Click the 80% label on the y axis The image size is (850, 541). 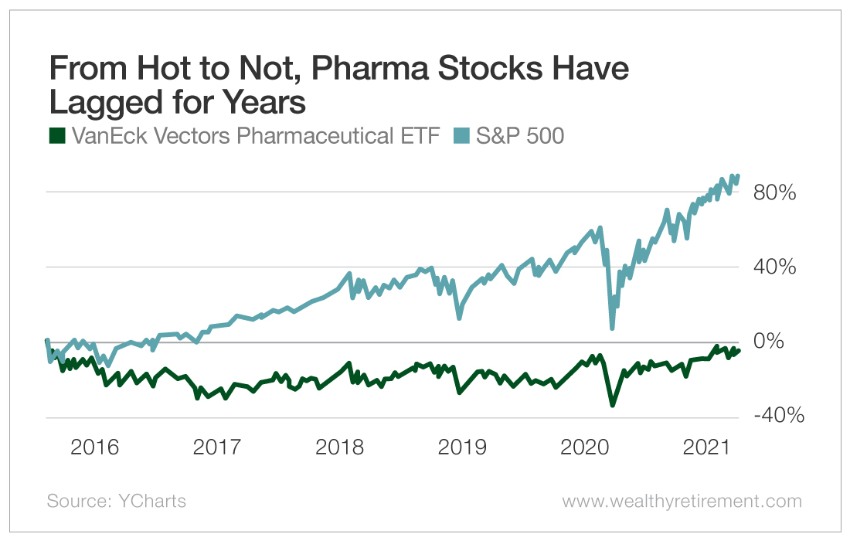click(x=776, y=192)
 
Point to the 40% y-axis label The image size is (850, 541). click(x=776, y=267)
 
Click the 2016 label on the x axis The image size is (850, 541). click(x=95, y=447)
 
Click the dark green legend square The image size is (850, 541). click(x=56, y=137)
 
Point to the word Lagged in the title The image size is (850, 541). click(x=101, y=103)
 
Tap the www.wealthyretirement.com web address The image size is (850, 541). click(x=682, y=502)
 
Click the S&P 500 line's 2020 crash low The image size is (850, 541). click(x=612, y=328)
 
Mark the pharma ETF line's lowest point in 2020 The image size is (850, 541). click(x=613, y=405)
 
